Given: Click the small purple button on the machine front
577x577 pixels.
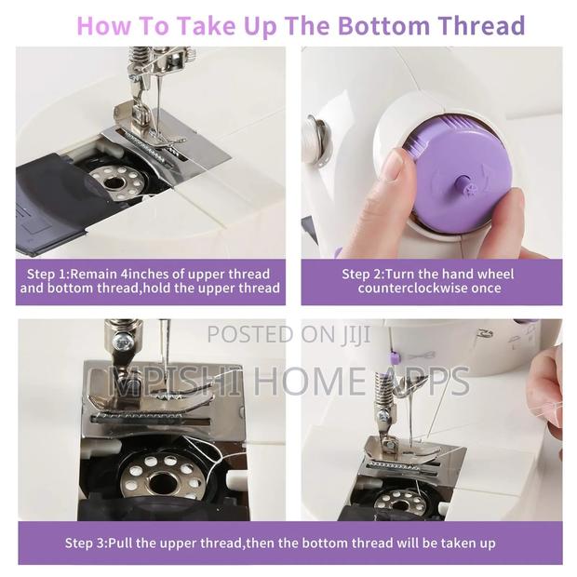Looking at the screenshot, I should click(x=395, y=356).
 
